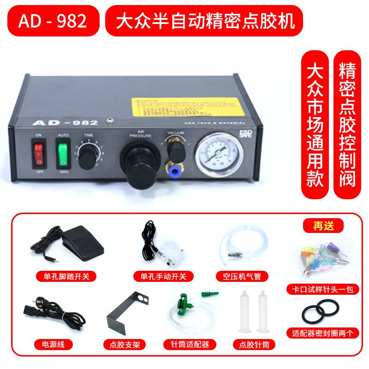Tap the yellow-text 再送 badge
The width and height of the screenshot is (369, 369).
(322, 226)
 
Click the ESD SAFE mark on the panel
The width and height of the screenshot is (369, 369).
(249, 132)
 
